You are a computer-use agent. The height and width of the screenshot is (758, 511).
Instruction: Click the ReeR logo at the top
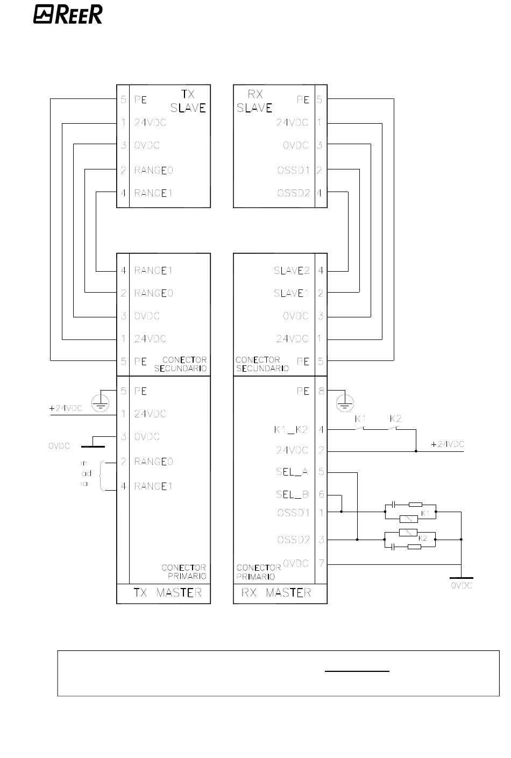coord(68,15)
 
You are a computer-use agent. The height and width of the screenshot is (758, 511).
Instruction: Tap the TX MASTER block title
coord(167,593)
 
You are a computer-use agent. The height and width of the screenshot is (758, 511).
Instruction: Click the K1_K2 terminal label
coord(291,430)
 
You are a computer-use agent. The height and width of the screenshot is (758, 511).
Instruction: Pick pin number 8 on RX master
coord(321,391)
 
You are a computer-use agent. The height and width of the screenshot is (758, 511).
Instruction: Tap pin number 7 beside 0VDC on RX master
coord(321,563)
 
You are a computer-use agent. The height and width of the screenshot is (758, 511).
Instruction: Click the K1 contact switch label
coord(360,419)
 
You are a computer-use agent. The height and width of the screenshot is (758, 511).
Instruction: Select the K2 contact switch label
coord(395,419)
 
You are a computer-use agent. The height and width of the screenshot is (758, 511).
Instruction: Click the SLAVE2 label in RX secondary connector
coord(292,271)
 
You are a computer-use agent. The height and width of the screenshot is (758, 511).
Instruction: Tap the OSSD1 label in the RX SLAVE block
coord(293,171)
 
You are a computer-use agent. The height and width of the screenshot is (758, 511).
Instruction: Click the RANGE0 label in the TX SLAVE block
coord(153,171)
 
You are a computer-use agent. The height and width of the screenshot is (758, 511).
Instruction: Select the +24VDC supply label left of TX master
coord(66,408)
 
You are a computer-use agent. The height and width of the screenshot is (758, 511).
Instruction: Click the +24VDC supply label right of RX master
coord(448,444)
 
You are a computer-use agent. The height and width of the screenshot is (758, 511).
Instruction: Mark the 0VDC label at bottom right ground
coord(462,585)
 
